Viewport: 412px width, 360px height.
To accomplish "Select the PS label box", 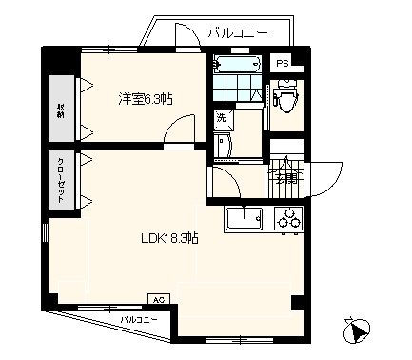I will point(283,63).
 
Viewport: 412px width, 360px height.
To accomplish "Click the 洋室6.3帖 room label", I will point(145,97).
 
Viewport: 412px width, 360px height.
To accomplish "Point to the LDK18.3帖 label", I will point(167,237).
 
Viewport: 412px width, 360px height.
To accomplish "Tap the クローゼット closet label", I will point(60,178).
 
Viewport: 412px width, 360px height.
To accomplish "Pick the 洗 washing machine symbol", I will point(222,118).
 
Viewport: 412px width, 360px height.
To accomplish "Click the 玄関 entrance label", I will point(284,176).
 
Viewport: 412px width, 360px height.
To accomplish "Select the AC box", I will point(159,299).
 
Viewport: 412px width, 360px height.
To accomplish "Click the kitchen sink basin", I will point(244,221).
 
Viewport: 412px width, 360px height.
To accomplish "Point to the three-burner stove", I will point(286,220).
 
